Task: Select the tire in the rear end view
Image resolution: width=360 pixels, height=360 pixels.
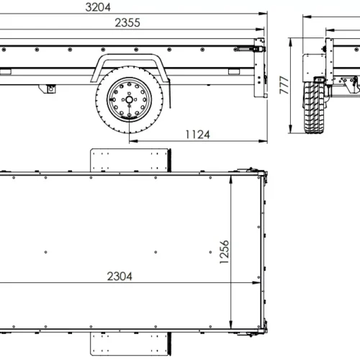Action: pos(314,108)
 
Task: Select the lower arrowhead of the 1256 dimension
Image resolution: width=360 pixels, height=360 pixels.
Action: pos(231,327)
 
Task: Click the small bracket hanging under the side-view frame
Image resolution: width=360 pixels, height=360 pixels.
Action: pos(51,89)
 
